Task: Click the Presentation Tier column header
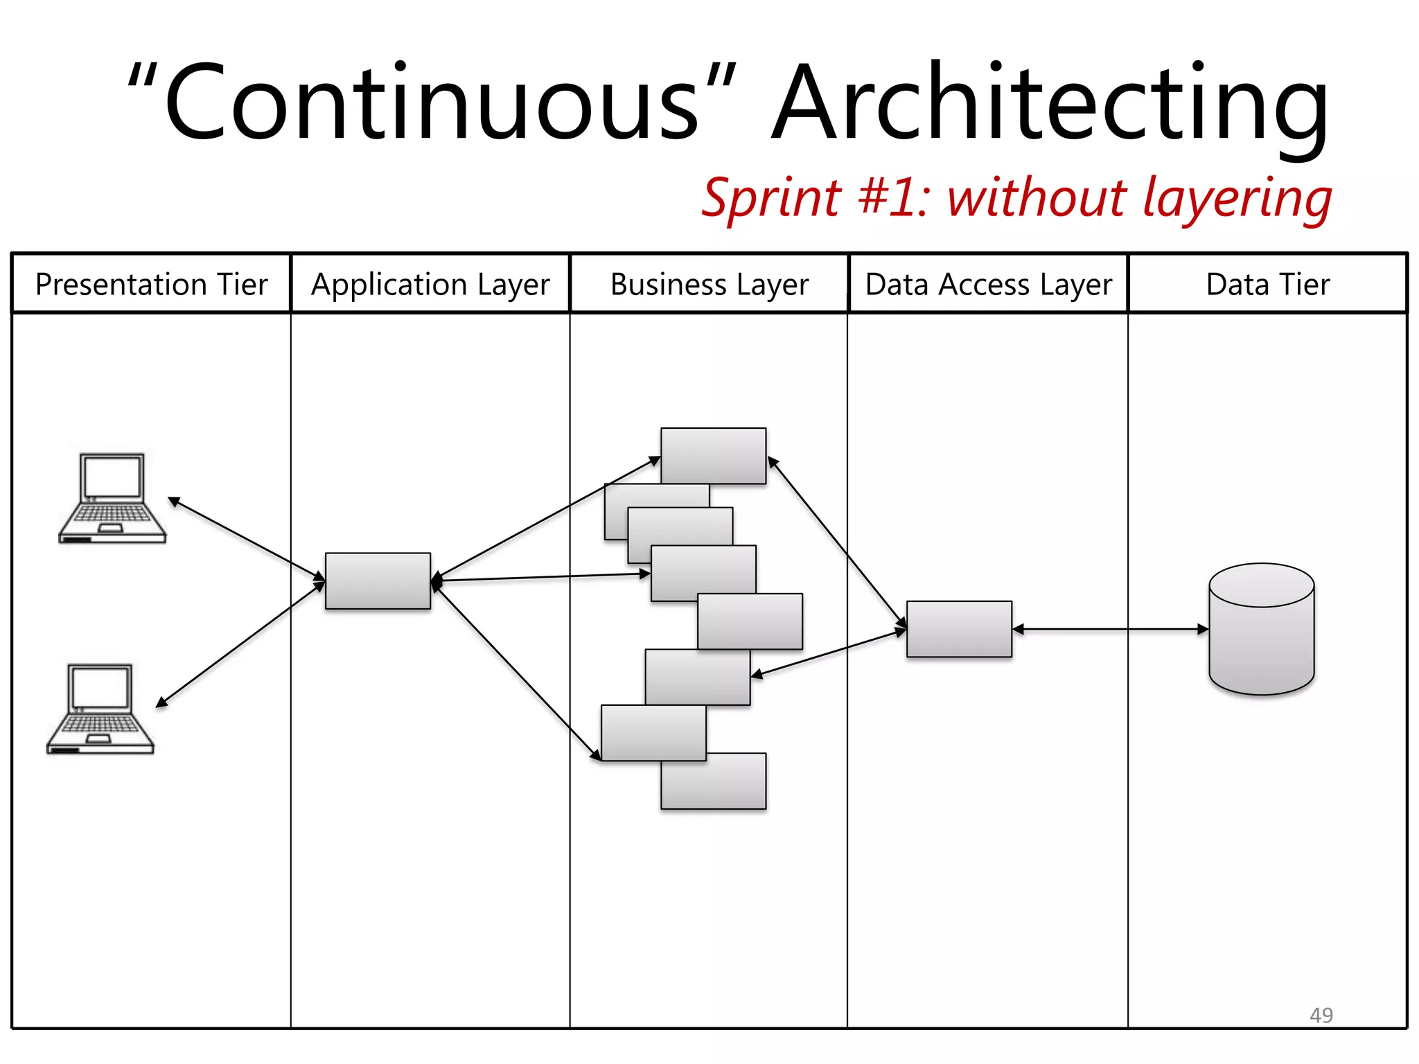(x=151, y=285)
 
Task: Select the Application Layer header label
(x=430, y=285)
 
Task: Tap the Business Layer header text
(x=709, y=285)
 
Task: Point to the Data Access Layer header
(x=988, y=285)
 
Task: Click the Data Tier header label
(x=1268, y=285)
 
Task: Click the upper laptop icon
(x=112, y=498)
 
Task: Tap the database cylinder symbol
(x=1261, y=629)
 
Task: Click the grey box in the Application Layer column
(x=378, y=580)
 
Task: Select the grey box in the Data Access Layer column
(x=959, y=629)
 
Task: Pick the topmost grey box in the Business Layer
(x=714, y=454)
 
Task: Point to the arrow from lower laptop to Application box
(x=239, y=645)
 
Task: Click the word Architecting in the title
(x=1049, y=104)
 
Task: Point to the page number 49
(x=1321, y=1015)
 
